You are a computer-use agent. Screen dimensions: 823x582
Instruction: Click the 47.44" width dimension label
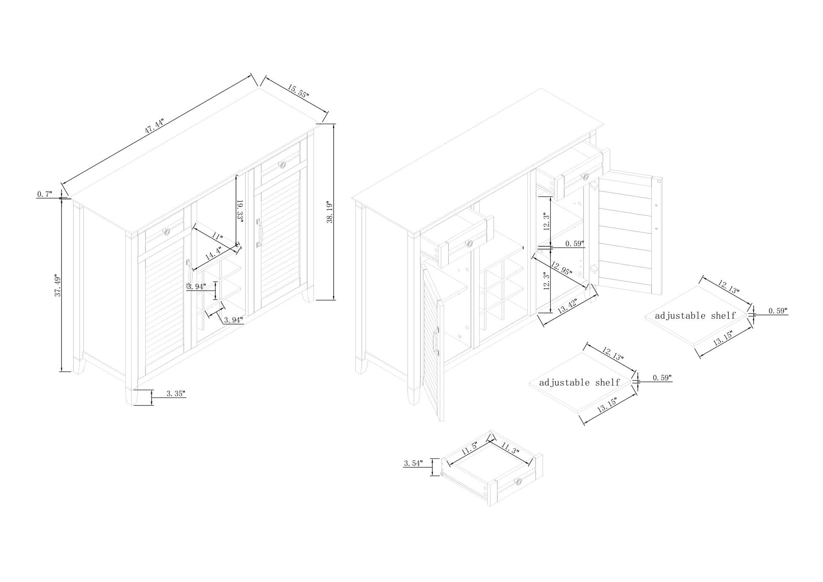154,126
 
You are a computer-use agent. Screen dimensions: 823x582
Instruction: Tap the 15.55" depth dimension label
299,91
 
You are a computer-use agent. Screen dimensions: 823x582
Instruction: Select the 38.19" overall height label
330,212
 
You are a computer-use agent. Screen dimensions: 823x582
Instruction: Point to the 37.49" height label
58,286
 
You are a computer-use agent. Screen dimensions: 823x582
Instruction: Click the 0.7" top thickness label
44,194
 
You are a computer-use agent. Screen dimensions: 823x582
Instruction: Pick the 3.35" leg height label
176,394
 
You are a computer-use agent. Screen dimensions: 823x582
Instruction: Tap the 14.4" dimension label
214,254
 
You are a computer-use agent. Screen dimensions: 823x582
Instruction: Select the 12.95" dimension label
562,269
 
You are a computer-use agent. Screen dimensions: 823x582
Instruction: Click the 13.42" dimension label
568,305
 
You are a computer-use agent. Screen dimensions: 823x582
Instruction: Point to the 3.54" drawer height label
413,463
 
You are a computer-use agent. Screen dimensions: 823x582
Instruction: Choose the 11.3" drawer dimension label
510,448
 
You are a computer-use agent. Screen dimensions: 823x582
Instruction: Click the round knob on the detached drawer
518,481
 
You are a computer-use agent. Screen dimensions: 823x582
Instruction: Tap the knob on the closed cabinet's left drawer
167,232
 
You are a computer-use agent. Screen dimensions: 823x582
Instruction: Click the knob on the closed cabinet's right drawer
282,164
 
